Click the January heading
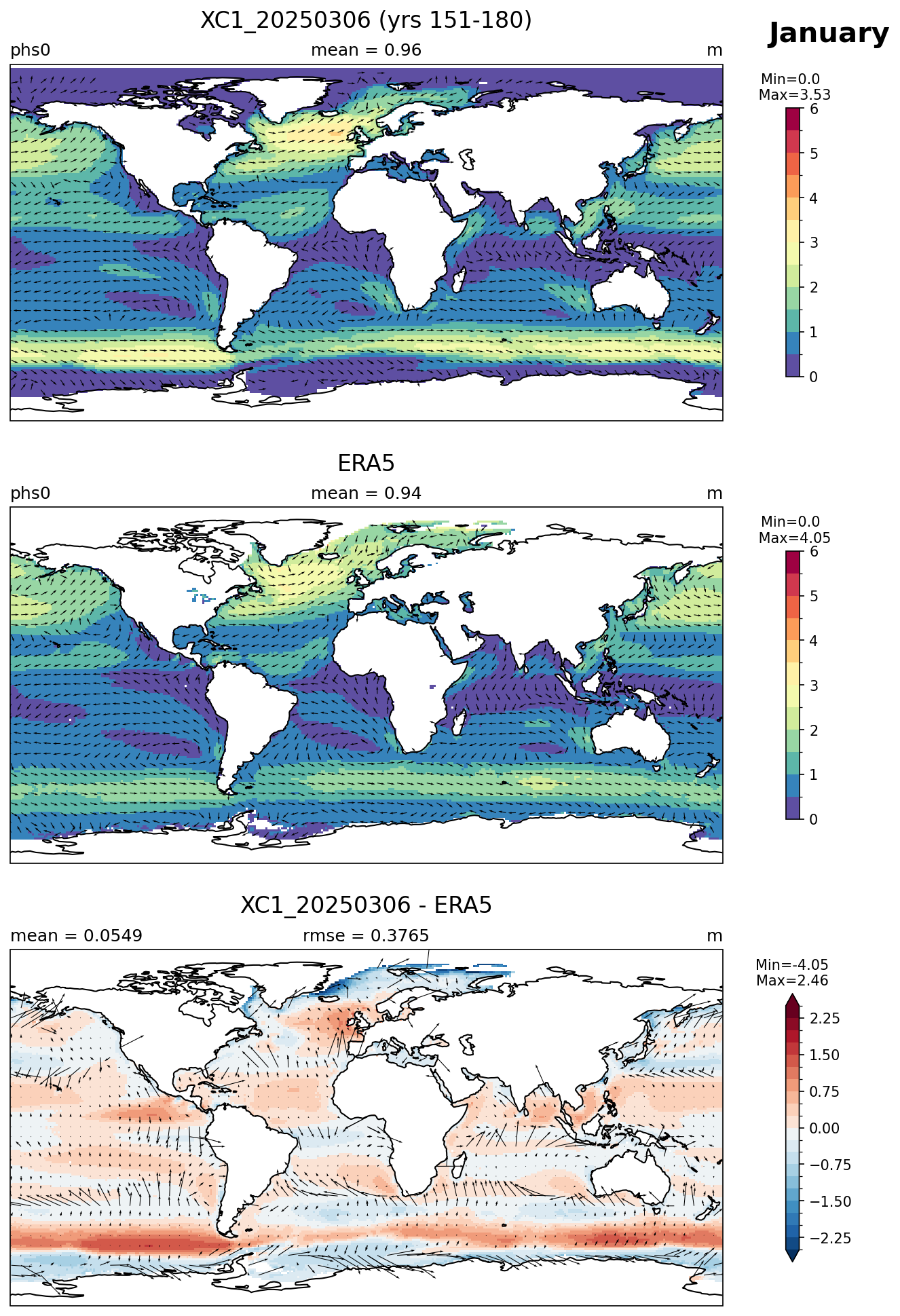[x=828, y=33]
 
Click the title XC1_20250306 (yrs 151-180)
[x=366, y=20]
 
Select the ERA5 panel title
[x=366, y=464]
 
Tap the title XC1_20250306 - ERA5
[x=366, y=905]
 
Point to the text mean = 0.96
[x=366, y=50]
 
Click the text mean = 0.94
[x=366, y=493]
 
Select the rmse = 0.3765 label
[x=366, y=936]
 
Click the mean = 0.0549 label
[x=76, y=936]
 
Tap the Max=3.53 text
[x=794, y=95]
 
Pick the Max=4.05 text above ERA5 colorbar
[x=794, y=538]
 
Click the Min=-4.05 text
[x=791, y=965]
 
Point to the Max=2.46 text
[x=791, y=981]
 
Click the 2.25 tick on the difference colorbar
[x=825, y=1018]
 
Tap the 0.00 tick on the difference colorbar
[x=825, y=1128]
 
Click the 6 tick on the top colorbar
[x=814, y=109]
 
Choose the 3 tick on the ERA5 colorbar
[x=814, y=685]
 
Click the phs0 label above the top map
[x=31, y=50]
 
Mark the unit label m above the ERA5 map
[x=715, y=493]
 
